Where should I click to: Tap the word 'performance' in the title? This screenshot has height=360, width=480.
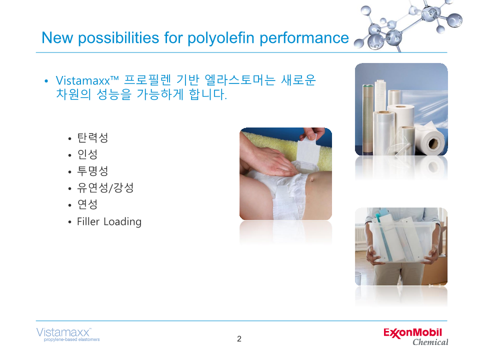[304, 38]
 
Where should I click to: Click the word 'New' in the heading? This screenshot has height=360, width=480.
[57, 38]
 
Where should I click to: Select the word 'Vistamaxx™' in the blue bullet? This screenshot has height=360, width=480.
[87, 80]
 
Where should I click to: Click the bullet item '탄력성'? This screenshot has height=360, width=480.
[92, 138]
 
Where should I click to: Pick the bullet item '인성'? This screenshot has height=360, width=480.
[87, 154]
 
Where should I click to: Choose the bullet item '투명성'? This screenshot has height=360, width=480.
[92, 171]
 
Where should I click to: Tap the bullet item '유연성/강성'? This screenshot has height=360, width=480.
[105, 187]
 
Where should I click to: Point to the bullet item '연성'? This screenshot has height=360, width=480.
[87, 204]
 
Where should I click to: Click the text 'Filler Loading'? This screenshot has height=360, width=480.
[109, 221]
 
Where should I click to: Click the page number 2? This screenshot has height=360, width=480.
[239, 338]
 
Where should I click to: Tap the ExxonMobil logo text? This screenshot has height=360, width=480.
[412, 333]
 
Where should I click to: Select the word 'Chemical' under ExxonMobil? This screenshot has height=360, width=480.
[430, 342]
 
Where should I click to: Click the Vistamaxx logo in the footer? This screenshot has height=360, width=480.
[63, 332]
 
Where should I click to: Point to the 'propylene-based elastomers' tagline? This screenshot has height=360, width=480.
[71, 339]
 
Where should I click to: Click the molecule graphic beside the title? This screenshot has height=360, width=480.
[408, 26]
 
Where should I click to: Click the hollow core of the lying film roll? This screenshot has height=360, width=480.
[433, 143]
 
